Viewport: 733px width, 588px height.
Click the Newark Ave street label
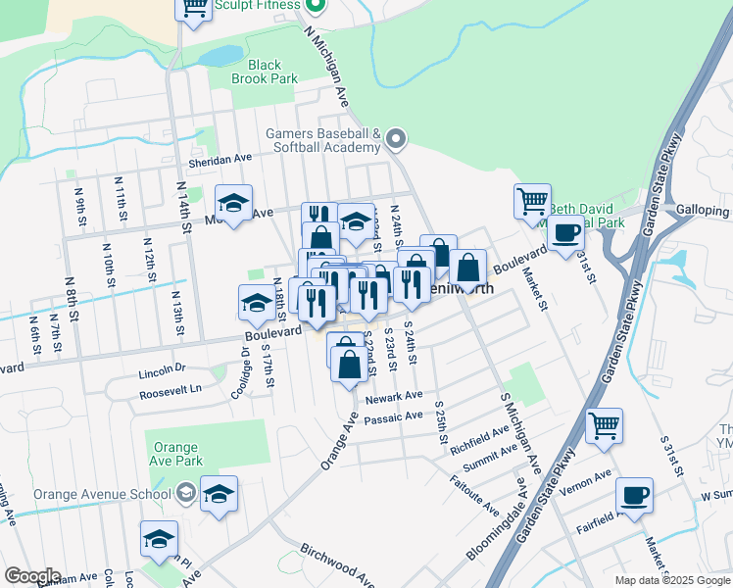coord(394,398)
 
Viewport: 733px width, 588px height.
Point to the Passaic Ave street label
coord(393,416)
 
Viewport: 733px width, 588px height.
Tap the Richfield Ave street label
coord(480,435)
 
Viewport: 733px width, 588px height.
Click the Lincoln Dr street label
coord(163,372)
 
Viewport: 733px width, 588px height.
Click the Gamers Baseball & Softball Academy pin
coord(396,140)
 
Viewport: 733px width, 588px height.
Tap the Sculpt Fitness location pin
coord(315,6)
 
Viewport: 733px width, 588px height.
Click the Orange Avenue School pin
coord(187,493)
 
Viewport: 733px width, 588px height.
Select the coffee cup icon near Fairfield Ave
coord(634,496)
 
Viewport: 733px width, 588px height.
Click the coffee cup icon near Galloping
coord(565,235)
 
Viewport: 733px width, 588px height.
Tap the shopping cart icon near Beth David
coord(532,201)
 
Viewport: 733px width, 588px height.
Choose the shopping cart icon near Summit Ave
coord(605,426)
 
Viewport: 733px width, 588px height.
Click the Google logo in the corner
coord(32,576)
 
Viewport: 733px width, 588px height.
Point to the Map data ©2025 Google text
coord(672,580)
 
